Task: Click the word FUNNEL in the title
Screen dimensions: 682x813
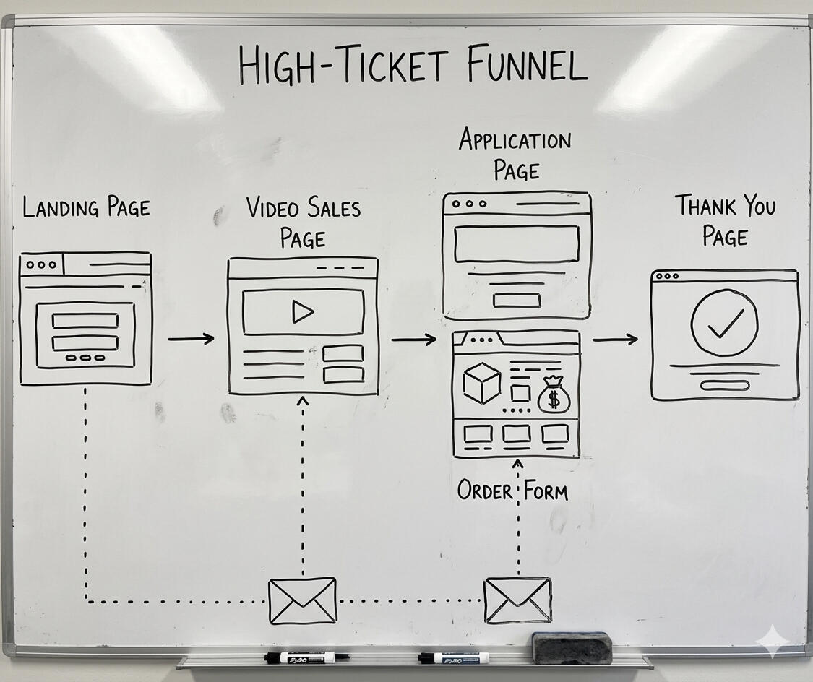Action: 526,65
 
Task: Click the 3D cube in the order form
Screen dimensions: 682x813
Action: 481,383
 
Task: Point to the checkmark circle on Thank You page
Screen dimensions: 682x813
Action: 724,323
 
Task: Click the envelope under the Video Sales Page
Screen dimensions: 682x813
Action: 302,600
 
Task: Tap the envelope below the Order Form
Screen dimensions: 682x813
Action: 517,600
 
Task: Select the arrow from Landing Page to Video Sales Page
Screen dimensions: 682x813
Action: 191,338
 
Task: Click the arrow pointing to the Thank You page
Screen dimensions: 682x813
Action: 615,338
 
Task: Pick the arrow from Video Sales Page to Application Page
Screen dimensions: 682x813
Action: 414,339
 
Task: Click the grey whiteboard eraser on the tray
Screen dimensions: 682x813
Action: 572,647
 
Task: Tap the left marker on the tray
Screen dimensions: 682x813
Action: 306,657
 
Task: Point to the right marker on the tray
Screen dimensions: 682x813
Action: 454,657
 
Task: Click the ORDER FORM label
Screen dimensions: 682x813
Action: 512,491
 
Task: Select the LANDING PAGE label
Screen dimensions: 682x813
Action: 86,208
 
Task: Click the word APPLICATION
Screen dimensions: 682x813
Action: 515,139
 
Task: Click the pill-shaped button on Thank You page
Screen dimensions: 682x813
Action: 724,385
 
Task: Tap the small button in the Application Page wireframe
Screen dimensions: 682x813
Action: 516,300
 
